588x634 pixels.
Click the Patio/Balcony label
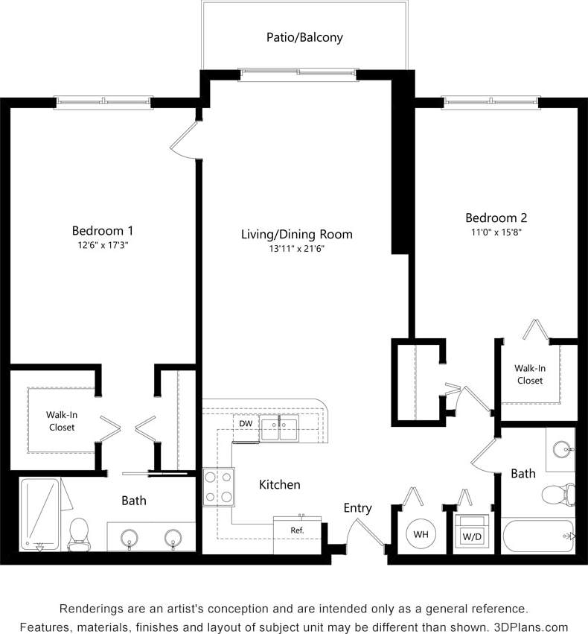click(x=304, y=37)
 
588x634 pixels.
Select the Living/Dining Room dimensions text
click(x=296, y=250)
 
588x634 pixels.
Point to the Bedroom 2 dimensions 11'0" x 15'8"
click(x=496, y=233)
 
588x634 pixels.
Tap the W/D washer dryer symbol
click(x=471, y=533)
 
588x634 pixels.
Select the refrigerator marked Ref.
click(x=297, y=530)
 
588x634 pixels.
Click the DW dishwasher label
click(x=245, y=424)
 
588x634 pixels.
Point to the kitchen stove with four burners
click(x=218, y=486)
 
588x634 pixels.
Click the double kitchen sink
click(x=278, y=429)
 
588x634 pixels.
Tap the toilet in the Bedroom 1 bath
click(x=78, y=534)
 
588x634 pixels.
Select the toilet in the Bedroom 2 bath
click(x=557, y=494)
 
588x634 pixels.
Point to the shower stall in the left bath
click(x=39, y=514)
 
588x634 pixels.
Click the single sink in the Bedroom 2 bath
click(x=562, y=449)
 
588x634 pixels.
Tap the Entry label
click(x=357, y=508)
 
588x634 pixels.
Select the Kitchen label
click(x=280, y=485)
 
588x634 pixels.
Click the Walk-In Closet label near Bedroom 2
click(x=529, y=374)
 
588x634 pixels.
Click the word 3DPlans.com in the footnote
click(x=532, y=627)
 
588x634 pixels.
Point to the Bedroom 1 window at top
click(x=103, y=102)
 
